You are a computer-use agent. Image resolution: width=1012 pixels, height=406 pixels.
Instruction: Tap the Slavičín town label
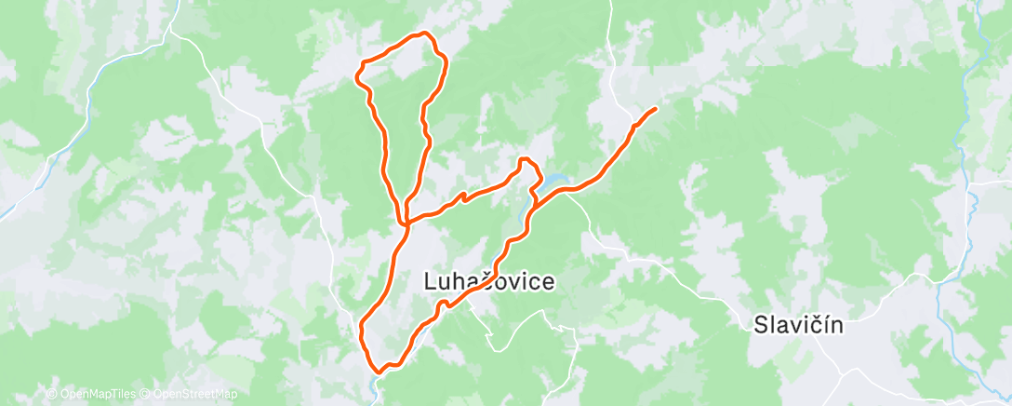click(x=797, y=325)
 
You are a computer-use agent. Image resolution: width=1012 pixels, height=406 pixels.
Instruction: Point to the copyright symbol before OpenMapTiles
click(x=51, y=394)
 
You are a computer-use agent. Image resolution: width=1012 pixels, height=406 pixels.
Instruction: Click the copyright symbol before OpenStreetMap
click(x=145, y=394)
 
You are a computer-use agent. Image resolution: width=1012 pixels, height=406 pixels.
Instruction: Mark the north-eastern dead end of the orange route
click(x=656, y=109)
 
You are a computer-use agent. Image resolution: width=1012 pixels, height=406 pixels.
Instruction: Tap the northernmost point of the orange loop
click(x=425, y=34)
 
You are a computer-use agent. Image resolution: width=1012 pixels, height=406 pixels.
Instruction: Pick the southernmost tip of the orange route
click(x=379, y=372)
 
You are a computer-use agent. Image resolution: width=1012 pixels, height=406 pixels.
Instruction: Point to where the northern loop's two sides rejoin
click(x=406, y=221)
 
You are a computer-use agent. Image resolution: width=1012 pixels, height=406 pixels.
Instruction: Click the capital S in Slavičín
click(x=759, y=325)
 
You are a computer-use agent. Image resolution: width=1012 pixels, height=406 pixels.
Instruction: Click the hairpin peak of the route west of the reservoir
click(x=526, y=160)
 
